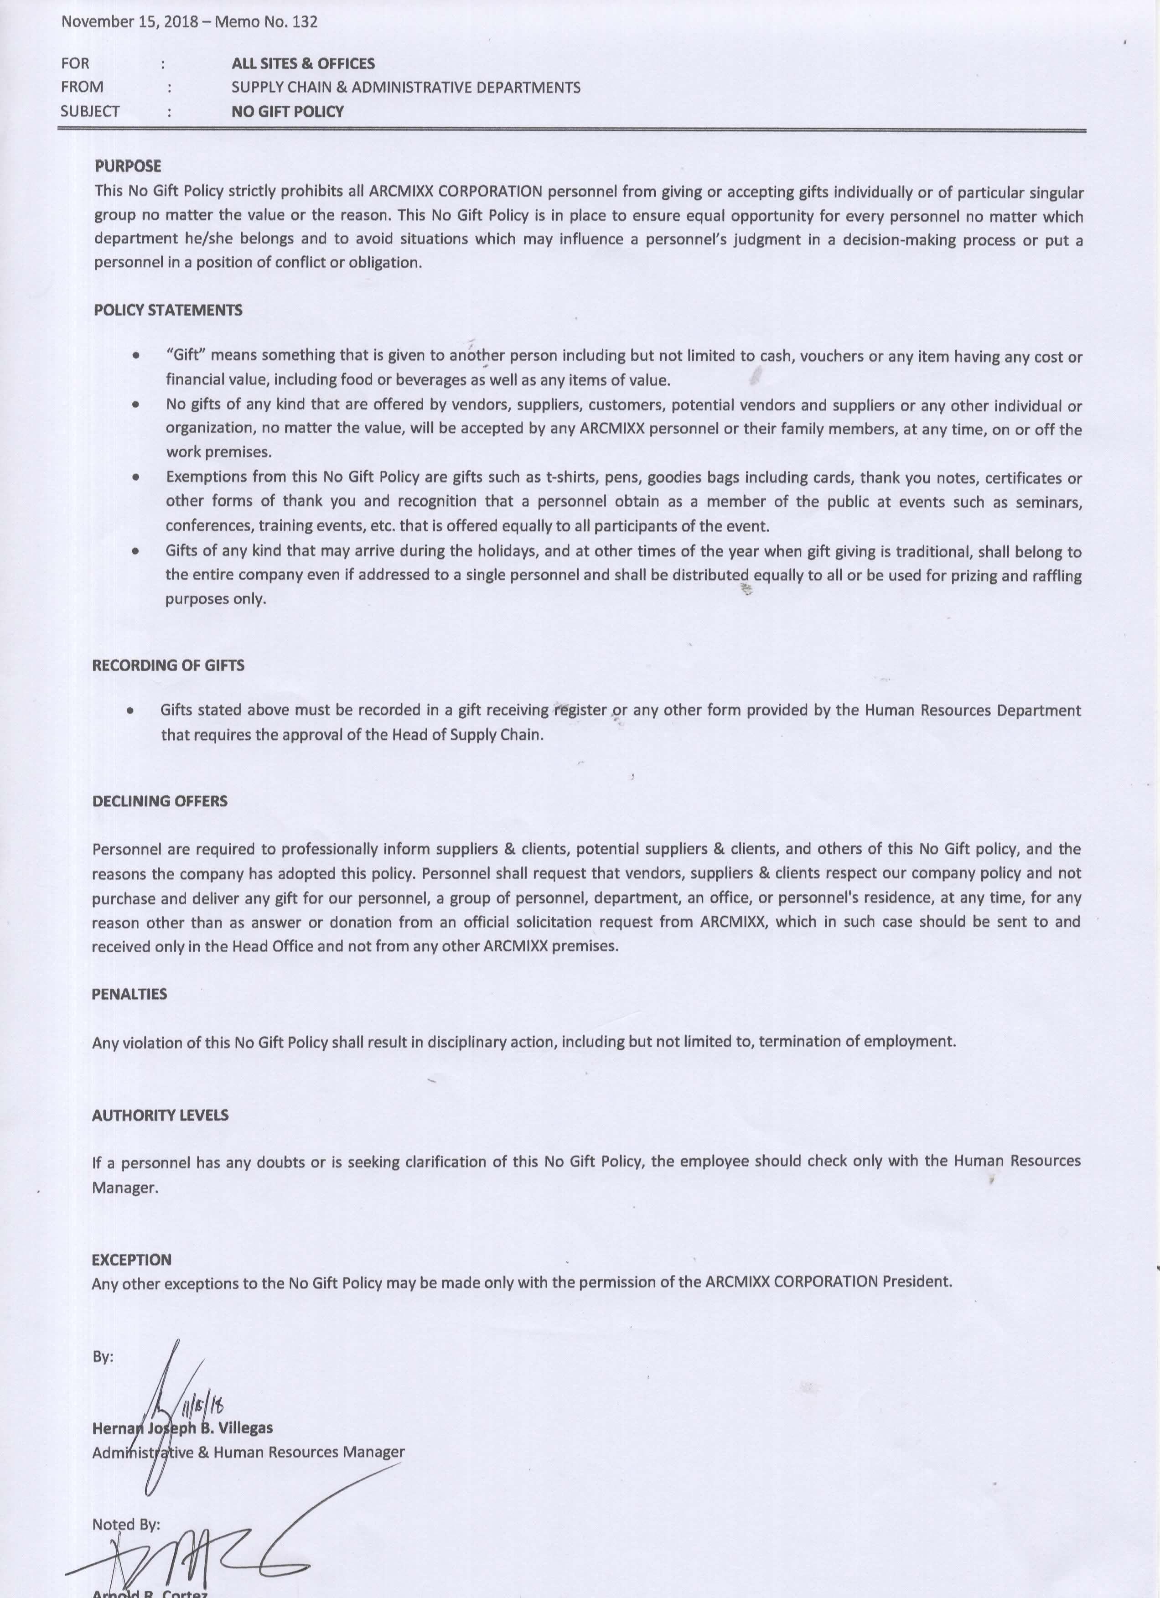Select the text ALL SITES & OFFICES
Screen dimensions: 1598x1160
click(303, 63)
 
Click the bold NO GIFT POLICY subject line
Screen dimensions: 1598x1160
click(287, 111)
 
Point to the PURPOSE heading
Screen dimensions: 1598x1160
click(128, 166)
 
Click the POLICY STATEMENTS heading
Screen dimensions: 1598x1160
click(168, 310)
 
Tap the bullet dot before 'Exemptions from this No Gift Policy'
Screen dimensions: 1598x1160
click(135, 477)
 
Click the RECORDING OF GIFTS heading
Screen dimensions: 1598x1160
click(168, 665)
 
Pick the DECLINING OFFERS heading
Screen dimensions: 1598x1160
click(160, 801)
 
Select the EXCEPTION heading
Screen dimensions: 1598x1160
click(132, 1260)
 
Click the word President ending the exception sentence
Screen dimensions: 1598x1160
click(918, 1282)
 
